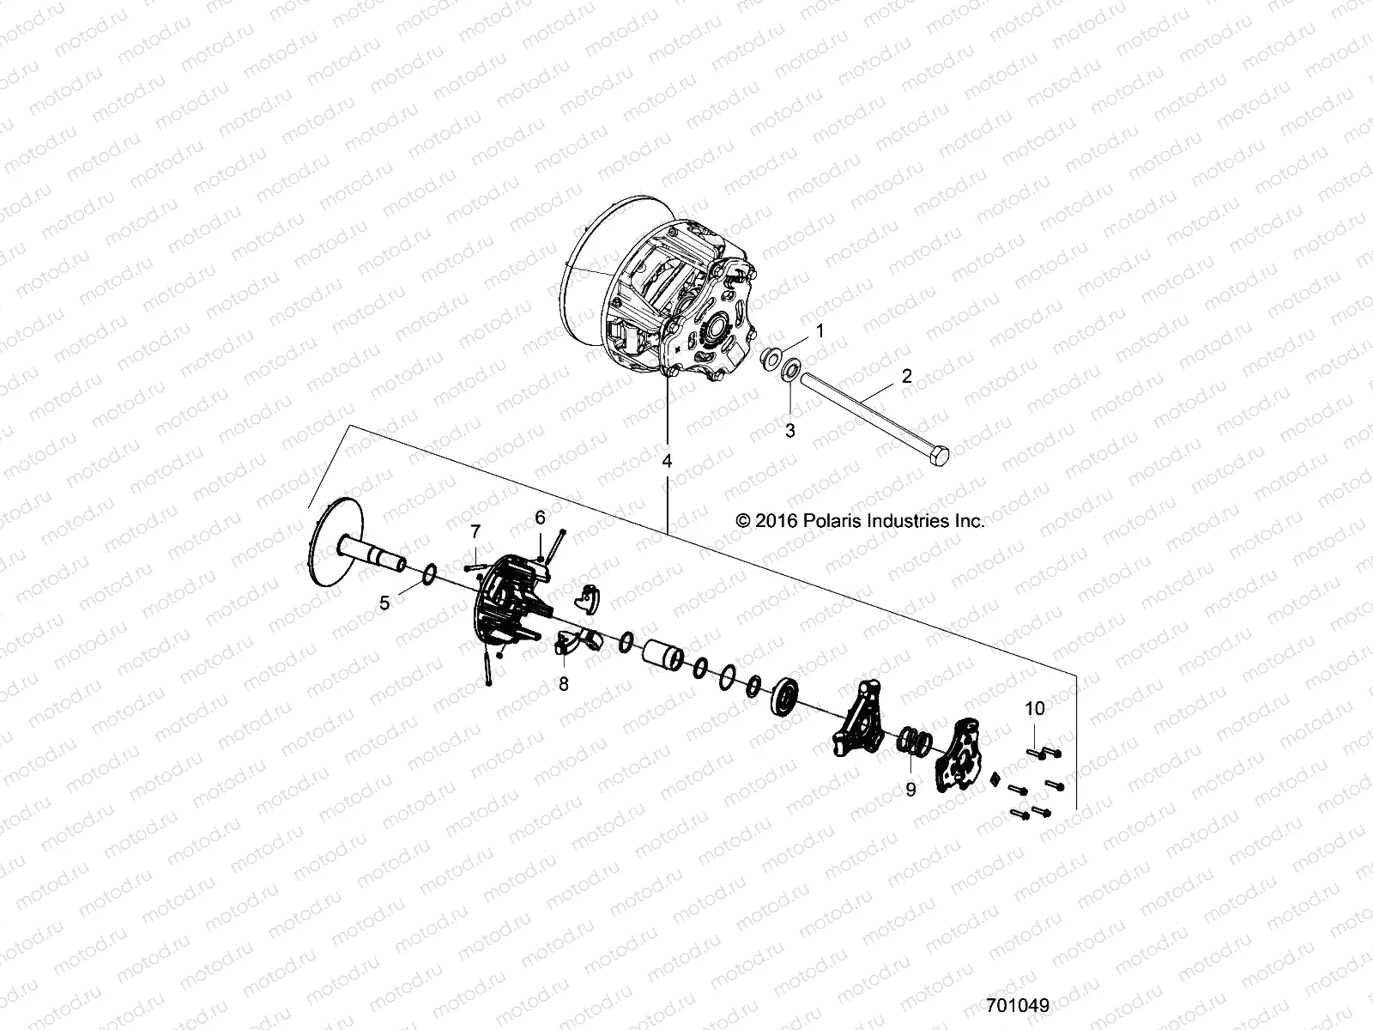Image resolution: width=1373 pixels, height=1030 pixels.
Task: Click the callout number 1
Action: [x=820, y=330]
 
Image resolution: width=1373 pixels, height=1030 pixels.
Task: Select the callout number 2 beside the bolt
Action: [x=906, y=375]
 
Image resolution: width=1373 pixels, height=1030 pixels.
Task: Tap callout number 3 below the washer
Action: [x=790, y=431]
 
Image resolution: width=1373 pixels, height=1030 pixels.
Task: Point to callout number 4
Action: [x=667, y=461]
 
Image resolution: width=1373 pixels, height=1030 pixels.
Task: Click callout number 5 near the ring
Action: [x=384, y=603]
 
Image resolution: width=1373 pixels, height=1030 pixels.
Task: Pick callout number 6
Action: [x=540, y=518]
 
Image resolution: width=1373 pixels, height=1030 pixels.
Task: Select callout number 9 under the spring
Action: [x=911, y=789]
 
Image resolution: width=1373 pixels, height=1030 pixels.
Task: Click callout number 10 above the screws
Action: [x=1035, y=708]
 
